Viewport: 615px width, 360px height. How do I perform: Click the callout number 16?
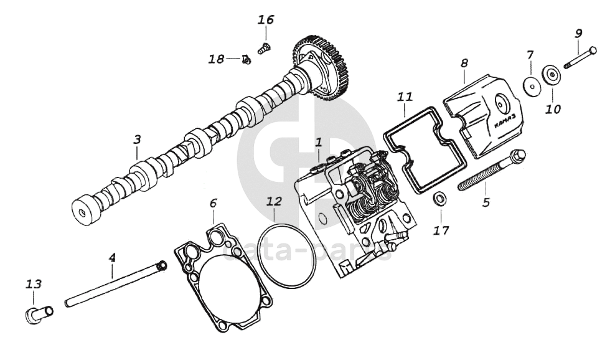click(266, 20)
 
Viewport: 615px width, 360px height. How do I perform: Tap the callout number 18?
click(216, 59)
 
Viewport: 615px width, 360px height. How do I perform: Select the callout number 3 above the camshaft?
click(138, 140)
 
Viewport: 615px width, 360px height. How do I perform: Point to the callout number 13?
click(33, 284)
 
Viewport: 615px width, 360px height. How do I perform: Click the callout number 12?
click(274, 202)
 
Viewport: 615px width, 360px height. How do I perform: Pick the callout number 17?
click(441, 230)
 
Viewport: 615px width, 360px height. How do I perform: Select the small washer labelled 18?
click(246, 60)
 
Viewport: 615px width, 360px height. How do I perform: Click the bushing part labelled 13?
click(36, 313)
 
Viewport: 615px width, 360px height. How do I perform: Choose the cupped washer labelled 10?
click(552, 75)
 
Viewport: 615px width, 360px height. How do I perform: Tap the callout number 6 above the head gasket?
click(213, 203)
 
